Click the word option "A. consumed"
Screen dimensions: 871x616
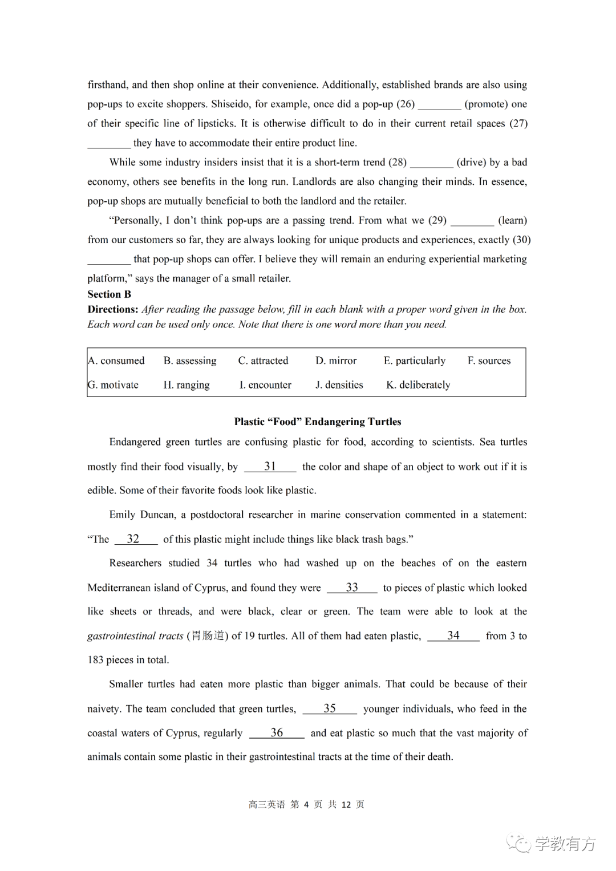pos(116,360)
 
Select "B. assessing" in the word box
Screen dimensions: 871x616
pos(190,360)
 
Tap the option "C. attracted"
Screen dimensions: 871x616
pos(263,360)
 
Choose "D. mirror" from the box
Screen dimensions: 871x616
pos(336,360)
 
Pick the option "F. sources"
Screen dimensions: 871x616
pos(489,360)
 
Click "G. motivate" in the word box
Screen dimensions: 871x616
pos(113,385)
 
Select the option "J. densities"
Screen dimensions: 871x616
pos(339,385)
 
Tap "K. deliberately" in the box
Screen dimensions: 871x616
pos(418,385)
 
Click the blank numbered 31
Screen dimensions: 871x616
pos(270,467)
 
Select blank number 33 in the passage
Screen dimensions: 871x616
pos(352,588)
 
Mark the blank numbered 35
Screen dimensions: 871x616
pos(330,708)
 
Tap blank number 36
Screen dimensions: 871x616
pos(277,733)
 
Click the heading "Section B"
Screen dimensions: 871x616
pos(109,294)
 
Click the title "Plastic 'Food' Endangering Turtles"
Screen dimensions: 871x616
pos(318,422)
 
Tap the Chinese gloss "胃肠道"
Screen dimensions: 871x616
pos(208,635)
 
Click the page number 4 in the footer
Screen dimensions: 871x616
pos(306,804)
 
